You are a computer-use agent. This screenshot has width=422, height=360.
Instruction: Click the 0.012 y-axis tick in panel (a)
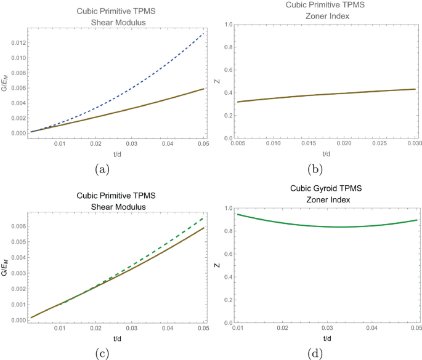point(18,42)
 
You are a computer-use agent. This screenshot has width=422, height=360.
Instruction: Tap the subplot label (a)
point(102,170)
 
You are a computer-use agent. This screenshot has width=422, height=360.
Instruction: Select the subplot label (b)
point(315,170)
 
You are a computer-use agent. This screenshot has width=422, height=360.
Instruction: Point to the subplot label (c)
point(102,354)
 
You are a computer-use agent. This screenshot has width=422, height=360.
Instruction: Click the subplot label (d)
point(315,354)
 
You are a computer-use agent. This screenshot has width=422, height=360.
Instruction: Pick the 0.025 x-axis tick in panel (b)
point(379,143)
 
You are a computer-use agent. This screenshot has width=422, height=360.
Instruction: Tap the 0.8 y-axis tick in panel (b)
point(228,47)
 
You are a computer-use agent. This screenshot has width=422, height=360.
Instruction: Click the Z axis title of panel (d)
point(217,265)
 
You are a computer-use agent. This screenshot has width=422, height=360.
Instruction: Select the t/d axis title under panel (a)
point(117,154)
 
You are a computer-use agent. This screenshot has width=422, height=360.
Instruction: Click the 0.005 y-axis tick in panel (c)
point(18,242)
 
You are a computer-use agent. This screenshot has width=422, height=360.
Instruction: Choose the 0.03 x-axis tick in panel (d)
point(327,328)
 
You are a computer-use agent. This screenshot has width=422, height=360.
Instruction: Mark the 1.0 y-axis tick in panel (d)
point(228,209)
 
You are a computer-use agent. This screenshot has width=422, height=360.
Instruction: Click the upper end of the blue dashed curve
point(204,33)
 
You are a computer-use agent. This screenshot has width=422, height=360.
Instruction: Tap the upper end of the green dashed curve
point(203,218)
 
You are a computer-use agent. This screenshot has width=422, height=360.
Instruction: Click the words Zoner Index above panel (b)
point(328,16)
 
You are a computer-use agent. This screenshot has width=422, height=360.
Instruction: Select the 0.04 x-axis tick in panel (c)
point(168,328)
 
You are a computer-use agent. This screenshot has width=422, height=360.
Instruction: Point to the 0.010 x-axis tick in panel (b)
point(273,143)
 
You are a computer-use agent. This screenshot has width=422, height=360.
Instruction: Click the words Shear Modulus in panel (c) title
point(118,207)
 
